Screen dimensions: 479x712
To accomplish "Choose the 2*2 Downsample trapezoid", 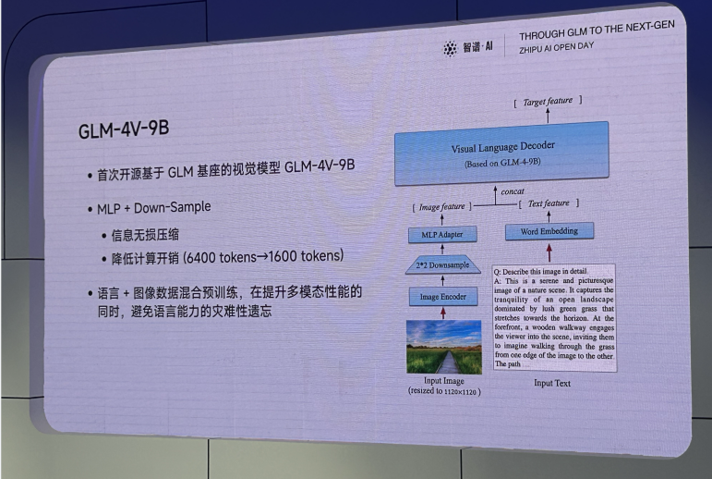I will [x=442, y=264].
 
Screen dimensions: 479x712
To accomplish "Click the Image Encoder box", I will [x=443, y=297].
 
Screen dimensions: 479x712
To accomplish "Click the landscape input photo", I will [x=443, y=347].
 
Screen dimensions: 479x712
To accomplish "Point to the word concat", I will [x=513, y=191].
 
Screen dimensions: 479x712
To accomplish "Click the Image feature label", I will [x=442, y=206].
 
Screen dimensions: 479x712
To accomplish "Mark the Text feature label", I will [x=549, y=203].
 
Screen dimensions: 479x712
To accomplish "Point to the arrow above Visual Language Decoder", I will [x=547, y=115].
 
